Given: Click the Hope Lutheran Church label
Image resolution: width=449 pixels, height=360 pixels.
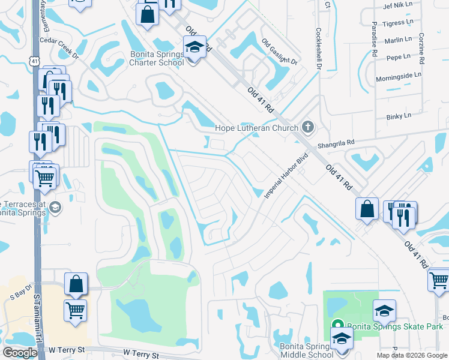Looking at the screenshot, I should pyautogui.click(x=257, y=128).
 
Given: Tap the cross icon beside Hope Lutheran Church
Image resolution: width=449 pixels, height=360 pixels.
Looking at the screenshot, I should pyautogui.click(x=308, y=127).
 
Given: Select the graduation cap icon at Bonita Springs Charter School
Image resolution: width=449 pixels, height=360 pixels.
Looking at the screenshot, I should pyautogui.click(x=194, y=47).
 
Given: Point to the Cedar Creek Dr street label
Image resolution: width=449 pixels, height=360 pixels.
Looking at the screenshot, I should pyautogui.click(x=59, y=49).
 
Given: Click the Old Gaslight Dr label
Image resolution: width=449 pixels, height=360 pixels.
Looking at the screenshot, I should pyautogui.click(x=280, y=52).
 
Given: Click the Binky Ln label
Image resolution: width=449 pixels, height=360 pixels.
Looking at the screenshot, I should pyautogui.click(x=399, y=115).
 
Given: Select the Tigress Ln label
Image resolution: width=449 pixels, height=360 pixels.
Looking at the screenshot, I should pyautogui.click(x=399, y=23).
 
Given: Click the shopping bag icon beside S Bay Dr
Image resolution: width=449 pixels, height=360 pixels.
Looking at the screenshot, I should pyautogui.click(x=76, y=285).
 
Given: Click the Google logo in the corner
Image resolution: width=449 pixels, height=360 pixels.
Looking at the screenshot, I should pyautogui.click(x=20, y=353).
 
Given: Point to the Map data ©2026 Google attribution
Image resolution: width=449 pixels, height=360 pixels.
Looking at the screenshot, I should pyautogui.click(x=411, y=355).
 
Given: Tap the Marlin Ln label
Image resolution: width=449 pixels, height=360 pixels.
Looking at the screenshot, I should pyautogui.click(x=399, y=40).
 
